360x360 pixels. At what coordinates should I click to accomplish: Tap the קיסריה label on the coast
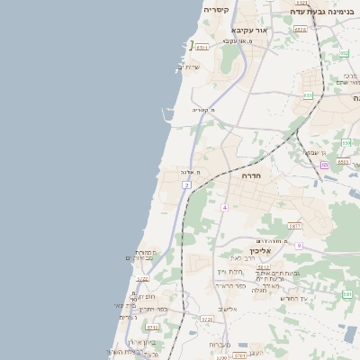click(216, 10)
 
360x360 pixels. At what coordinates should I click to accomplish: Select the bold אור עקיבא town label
click(250, 30)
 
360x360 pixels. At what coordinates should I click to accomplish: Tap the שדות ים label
click(189, 67)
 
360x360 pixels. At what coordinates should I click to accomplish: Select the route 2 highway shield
click(186, 184)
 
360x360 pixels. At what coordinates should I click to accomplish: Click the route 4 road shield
click(224, 208)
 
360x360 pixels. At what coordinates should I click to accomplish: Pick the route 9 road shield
click(298, 245)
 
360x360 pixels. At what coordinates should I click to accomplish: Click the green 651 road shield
click(308, 94)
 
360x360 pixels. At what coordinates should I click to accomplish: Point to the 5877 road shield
click(294, 226)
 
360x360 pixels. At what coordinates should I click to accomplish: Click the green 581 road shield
click(347, 294)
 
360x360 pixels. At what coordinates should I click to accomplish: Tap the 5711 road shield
click(152, 328)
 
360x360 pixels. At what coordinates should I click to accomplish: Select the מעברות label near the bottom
click(220, 345)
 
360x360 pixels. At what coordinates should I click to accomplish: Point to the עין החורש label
click(293, 298)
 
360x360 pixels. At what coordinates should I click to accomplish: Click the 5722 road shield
click(143, 279)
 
